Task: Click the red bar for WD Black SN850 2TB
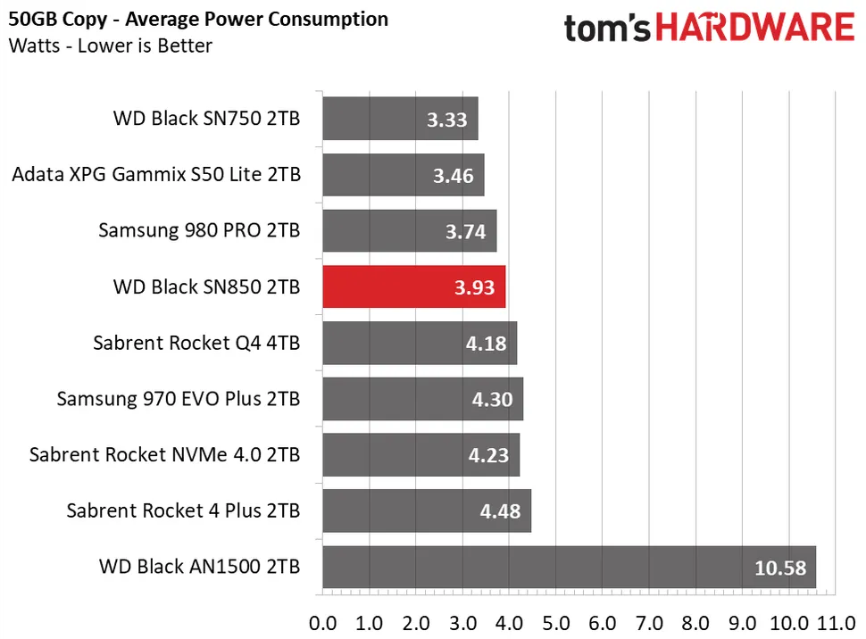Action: point(414,286)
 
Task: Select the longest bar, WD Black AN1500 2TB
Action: point(570,568)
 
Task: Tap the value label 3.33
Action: point(446,120)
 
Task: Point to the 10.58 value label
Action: point(780,568)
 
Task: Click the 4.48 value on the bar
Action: point(500,511)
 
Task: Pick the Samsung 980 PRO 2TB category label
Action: point(199,230)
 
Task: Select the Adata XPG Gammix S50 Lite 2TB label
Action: point(156,175)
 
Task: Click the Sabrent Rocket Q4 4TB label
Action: point(196,343)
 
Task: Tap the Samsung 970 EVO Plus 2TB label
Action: point(179,399)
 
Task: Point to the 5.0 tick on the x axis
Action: point(555,624)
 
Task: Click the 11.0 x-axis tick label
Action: point(837,624)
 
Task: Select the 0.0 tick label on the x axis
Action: point(322,624)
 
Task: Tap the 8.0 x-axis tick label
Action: point(695,624)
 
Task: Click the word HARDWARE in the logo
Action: point(755,28)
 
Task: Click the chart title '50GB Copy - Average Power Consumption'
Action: point(198,20)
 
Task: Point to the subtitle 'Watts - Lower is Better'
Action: point(111,46)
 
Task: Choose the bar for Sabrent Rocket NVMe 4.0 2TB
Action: point(421,454)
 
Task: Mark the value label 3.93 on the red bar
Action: point(474,287)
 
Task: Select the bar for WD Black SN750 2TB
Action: point(401,118)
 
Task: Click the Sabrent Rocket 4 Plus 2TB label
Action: point(183,510)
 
